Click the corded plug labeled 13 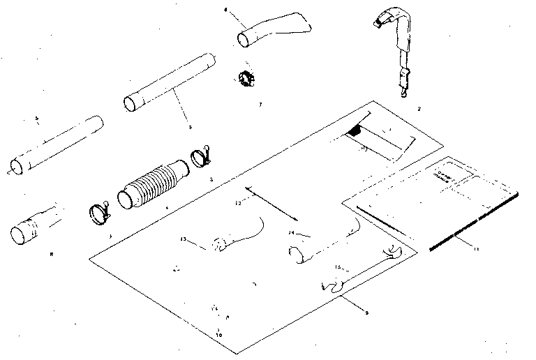pyautogui.click(x=223, y=243)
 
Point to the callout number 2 pyautogui.click(x=417, y=109)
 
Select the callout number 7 pyautogui.click(x=260, y=104)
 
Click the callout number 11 pyautogui.click(x=476, y=249)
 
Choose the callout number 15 pyautogui.click(x=336, y=267)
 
